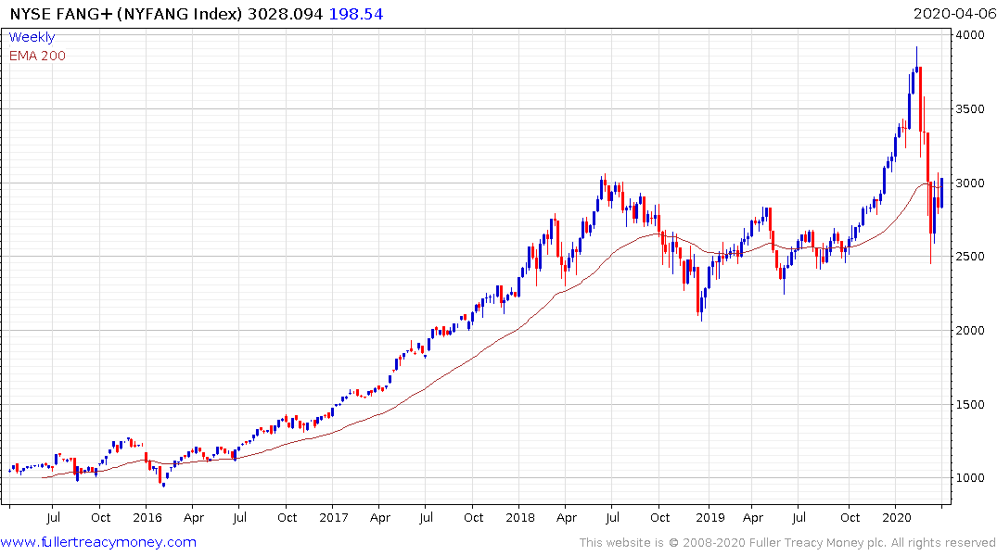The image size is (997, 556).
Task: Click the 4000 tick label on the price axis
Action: click(973, 35)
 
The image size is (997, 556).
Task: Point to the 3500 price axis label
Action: click(973, 109)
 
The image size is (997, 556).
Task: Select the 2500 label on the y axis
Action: click(973, 257)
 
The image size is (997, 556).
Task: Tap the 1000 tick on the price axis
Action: click(973, 478)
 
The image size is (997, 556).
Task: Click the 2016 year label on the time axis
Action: click(147, 517)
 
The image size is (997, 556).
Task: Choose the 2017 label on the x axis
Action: click(335, 517)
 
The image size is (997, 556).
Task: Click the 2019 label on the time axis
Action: click(709, 517)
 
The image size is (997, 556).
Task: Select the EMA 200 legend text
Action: click(37, 56)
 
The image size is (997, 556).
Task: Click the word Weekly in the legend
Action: click(32, 38)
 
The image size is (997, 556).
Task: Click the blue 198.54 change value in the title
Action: click(357, 14)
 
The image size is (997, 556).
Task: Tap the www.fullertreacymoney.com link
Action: click(98, 542)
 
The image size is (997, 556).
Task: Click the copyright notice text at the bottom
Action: click(787, 543)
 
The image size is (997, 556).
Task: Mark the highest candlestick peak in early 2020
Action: click(916, 48)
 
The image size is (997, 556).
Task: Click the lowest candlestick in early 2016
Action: click(163, 485)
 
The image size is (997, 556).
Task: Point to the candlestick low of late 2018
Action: click(700, 320)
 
